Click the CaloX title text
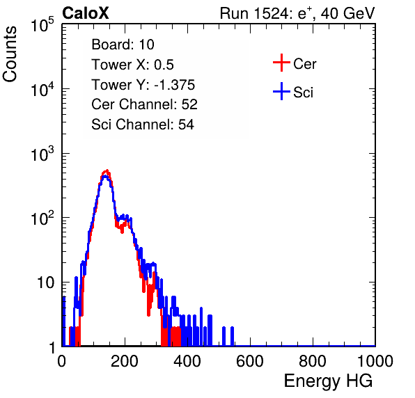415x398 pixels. pos(85,13)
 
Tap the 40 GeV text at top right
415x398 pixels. pos(347,13)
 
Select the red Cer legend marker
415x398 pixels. pos(281,63)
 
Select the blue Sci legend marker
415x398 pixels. pos(281,92)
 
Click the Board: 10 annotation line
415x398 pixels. pos(123,45)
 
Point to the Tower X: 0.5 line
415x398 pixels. pos(132,65)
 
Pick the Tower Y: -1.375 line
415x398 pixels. pos(143,85)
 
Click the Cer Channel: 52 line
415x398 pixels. pos(144,104)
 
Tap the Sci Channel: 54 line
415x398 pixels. pos(142,125)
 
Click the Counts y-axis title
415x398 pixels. pos(10,54)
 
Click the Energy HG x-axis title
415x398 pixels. pos(328,381)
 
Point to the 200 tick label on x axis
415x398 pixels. pos(125,361)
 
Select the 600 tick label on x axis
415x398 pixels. pos(250,361)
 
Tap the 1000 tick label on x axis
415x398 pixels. pos(375,361)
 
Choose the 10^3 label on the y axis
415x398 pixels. pos(42,154)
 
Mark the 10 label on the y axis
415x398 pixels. pos(45,282)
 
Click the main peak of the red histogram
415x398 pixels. pos(107,171)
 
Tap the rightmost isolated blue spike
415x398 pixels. pos(232,336)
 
